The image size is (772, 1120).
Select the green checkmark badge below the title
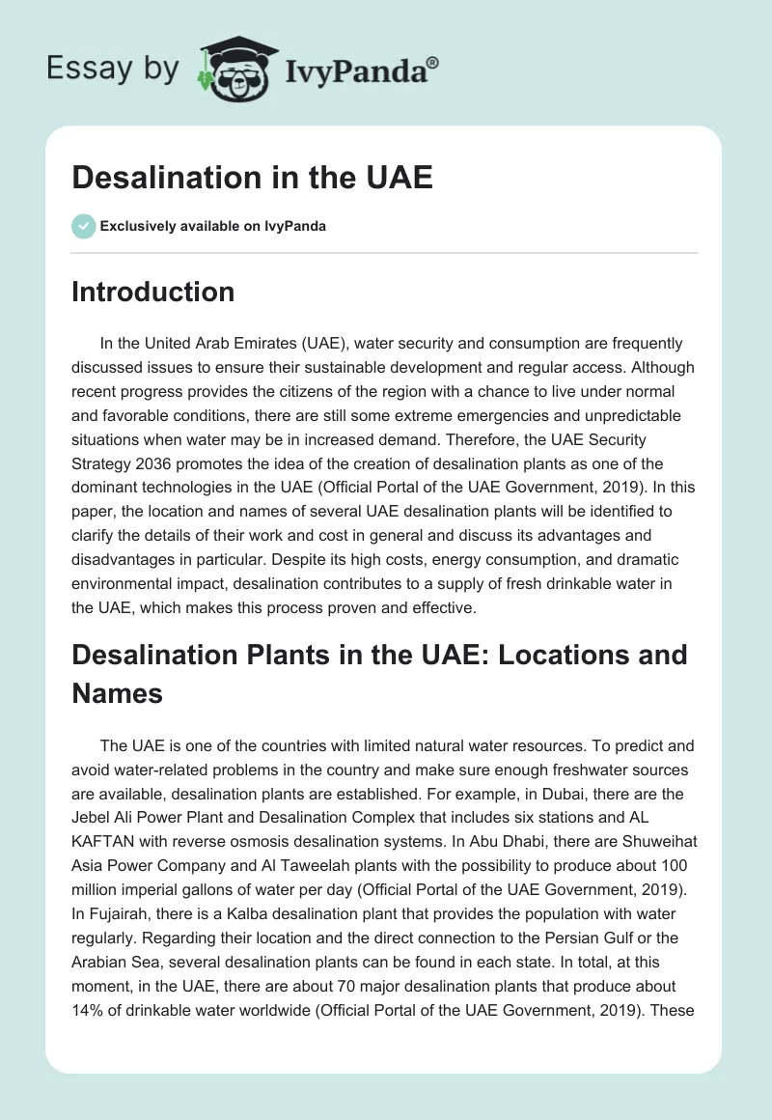click(83, 226)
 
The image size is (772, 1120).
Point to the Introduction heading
click(152, 292)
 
